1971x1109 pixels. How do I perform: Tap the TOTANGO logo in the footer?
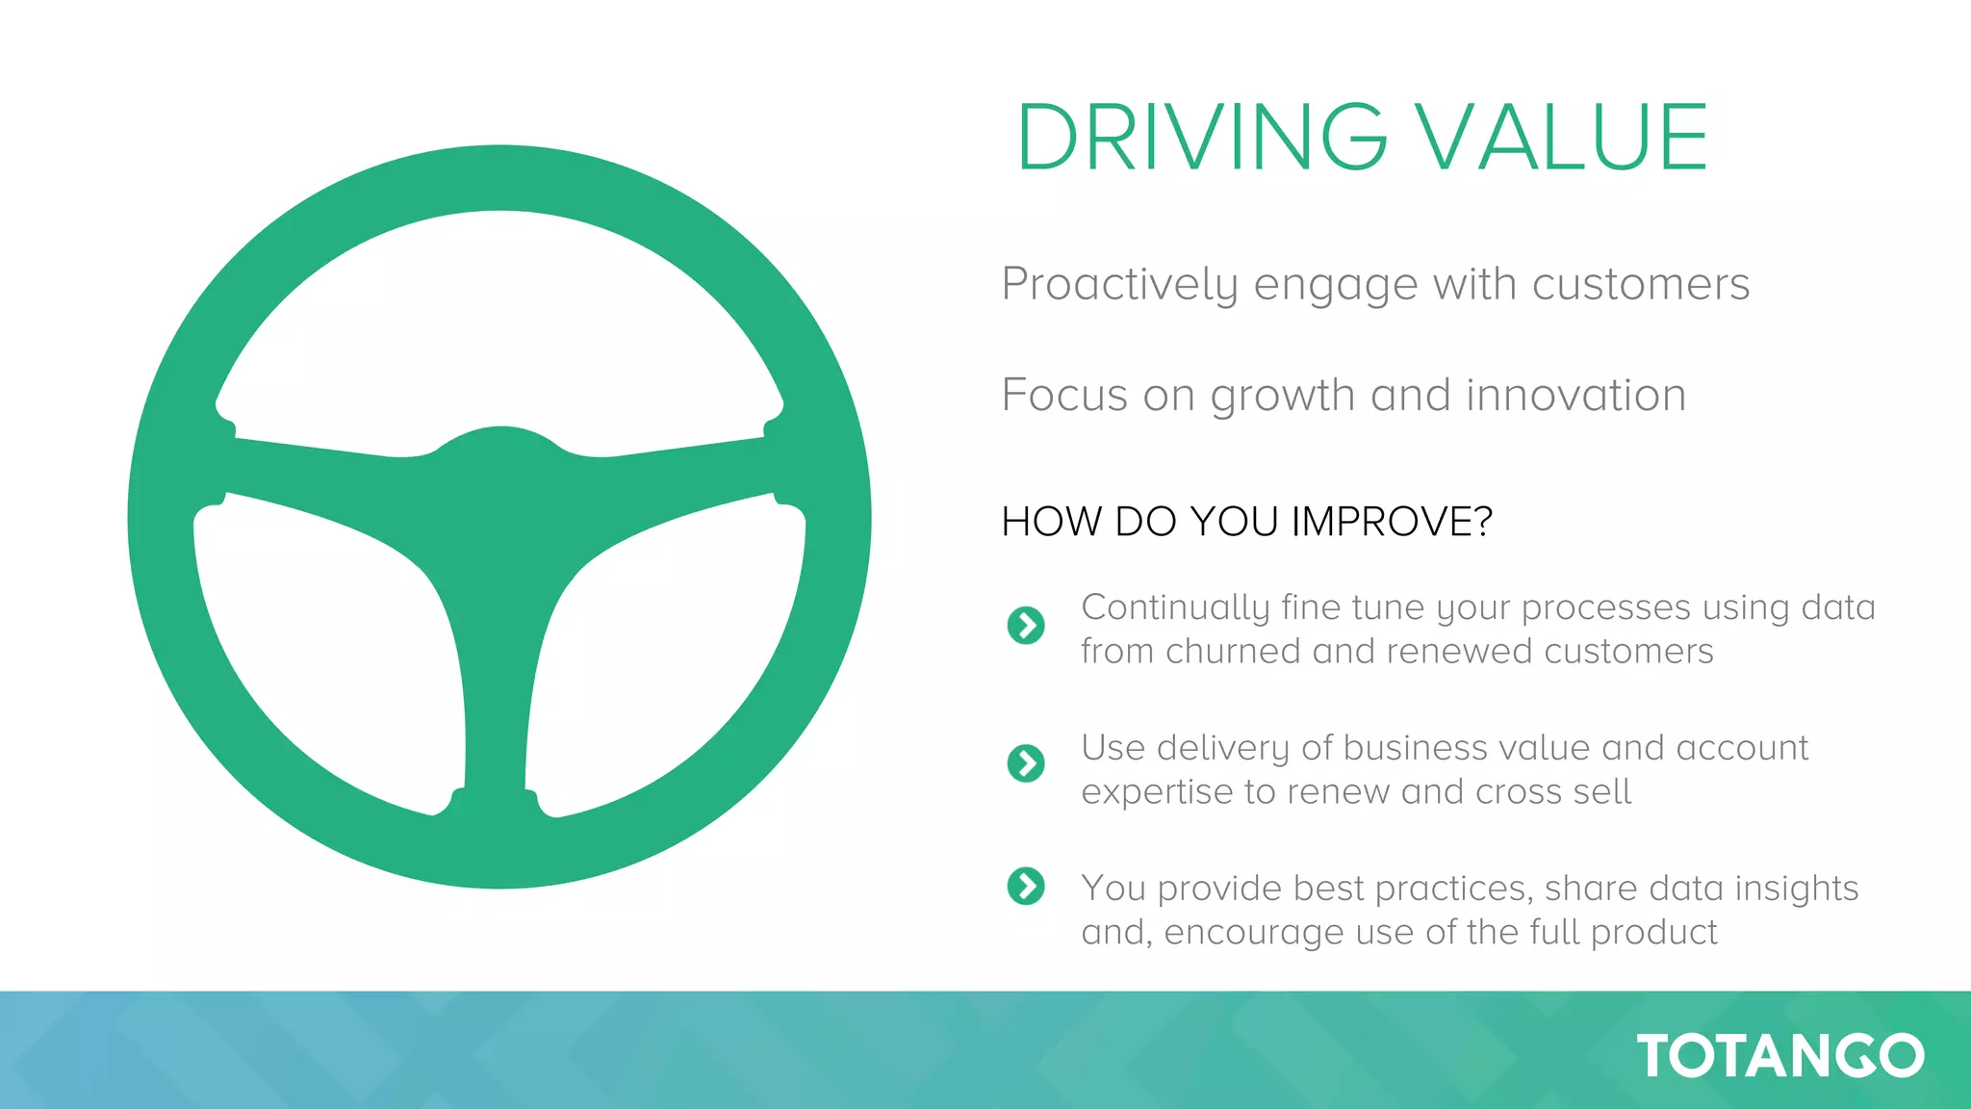point(1779,1056)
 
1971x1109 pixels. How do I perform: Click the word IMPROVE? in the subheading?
point(1391,522)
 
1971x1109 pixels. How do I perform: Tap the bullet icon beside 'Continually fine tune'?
point(1026,626)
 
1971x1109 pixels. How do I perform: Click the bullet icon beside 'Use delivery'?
point(1026,763)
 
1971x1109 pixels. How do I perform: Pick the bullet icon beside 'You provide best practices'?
point(1026,887)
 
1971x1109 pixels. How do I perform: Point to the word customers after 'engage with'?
point(1640,285)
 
